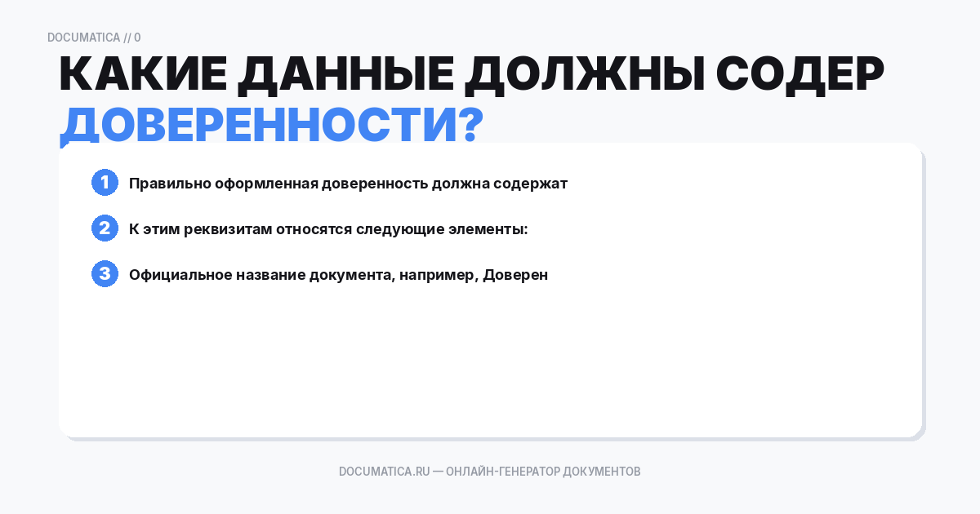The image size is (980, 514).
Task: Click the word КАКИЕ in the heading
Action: pos(139,76)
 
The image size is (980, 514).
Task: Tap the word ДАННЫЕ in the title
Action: pos(345,76)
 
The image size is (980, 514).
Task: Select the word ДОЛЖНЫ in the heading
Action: pos(582,76)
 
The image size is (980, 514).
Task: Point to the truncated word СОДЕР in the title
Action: pos(800,76)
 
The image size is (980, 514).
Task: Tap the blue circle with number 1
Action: pos(105,183)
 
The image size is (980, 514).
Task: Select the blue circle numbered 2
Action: pos(105,228)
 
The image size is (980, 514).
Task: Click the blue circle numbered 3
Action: pos(105,274)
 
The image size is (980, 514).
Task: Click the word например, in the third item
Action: pos(437,275)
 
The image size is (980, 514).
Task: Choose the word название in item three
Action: pos(270,275)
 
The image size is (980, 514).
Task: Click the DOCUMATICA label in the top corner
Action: pos(83,38)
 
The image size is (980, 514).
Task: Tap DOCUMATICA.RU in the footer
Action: pos(384,472)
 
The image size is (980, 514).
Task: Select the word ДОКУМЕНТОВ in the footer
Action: pos(602,472)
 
